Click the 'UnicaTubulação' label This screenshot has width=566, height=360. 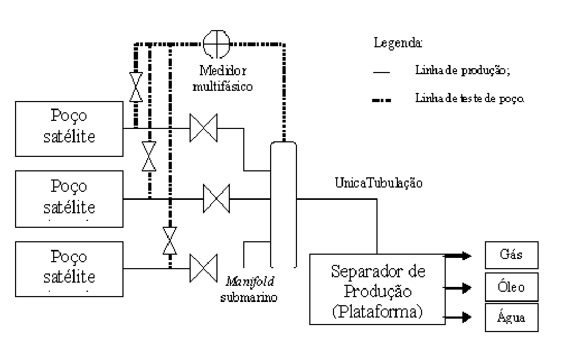tap(379, 183)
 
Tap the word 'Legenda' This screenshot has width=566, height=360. tap(398, 42)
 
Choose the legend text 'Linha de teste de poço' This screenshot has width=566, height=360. tap(470, 98)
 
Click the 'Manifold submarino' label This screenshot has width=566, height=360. tap(249, 289)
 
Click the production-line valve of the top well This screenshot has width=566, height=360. tap(204, 128)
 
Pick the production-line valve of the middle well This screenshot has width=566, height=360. tap(216, 199)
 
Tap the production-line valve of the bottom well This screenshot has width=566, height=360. tap(204, 268)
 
